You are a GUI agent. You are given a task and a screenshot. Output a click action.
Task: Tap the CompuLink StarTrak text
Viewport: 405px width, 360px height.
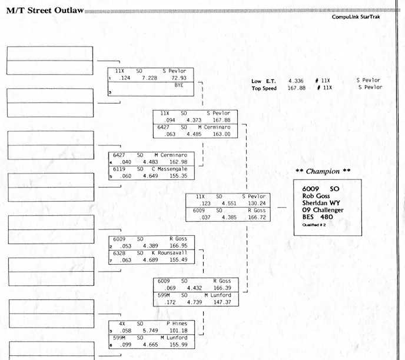(357, 17)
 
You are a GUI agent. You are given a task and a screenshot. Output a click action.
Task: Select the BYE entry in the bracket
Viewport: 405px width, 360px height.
(179, 85)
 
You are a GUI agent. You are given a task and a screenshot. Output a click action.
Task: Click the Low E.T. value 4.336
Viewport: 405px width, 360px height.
(296, 81)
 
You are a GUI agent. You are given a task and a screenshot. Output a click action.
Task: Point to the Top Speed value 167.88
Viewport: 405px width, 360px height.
(296, 88)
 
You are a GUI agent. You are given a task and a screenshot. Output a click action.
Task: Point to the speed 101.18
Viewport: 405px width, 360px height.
(180, 330)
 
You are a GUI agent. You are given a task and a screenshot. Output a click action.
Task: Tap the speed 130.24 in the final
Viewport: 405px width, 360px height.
(257, 203)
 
